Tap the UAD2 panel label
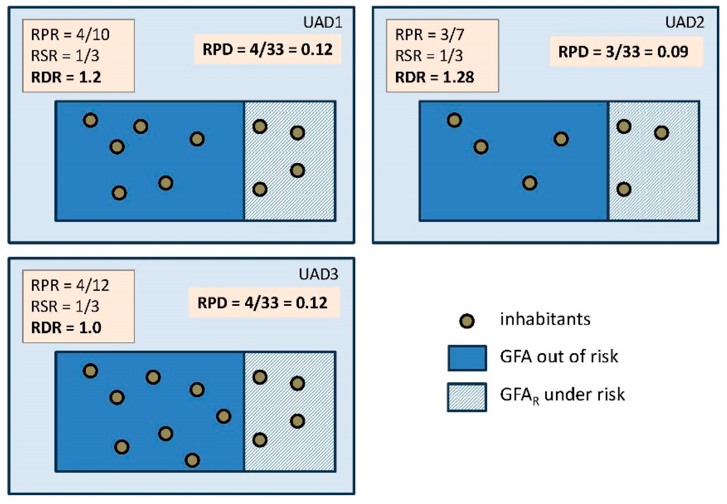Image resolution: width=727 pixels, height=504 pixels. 684,22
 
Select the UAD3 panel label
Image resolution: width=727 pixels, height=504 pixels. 318,274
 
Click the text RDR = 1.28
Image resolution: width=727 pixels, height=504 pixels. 434,77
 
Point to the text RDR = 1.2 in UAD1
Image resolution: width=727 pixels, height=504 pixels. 66,77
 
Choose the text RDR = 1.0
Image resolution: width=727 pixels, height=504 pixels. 66,328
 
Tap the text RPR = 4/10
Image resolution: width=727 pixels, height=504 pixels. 70,34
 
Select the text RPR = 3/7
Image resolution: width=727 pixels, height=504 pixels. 429,34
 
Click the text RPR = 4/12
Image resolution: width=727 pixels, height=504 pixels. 70,285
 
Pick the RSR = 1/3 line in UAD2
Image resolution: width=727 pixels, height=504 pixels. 429,56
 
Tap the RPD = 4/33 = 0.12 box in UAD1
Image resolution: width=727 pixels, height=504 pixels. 267,49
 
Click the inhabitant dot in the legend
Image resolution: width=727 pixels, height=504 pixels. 467,321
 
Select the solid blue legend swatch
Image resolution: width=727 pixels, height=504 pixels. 467,358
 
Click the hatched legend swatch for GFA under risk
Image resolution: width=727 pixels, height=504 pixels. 467,397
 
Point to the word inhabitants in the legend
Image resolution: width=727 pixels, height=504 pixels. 545,319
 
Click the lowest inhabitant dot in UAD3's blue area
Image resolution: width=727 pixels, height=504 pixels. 192,460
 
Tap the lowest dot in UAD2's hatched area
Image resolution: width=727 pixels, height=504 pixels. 623,190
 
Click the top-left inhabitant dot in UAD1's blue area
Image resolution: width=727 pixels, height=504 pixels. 90,120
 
